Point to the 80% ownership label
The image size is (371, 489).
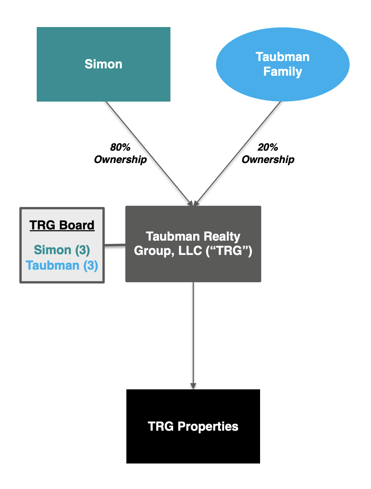point(120,153)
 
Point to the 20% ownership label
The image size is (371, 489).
point(268,153)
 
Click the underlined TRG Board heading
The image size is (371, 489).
point(62,225)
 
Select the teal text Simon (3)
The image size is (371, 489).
point(62,250)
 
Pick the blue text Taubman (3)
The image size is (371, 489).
point(62,266)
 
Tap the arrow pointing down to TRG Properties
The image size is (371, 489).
point(193,332)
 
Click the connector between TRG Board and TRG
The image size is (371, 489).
point(115,245)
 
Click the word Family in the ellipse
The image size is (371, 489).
point(283,72)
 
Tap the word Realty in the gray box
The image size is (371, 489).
point(222,236)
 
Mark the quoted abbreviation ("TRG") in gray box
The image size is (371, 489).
point(229,251)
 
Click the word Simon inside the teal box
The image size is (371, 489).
point(104,64)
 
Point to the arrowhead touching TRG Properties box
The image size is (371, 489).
point(193,386)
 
